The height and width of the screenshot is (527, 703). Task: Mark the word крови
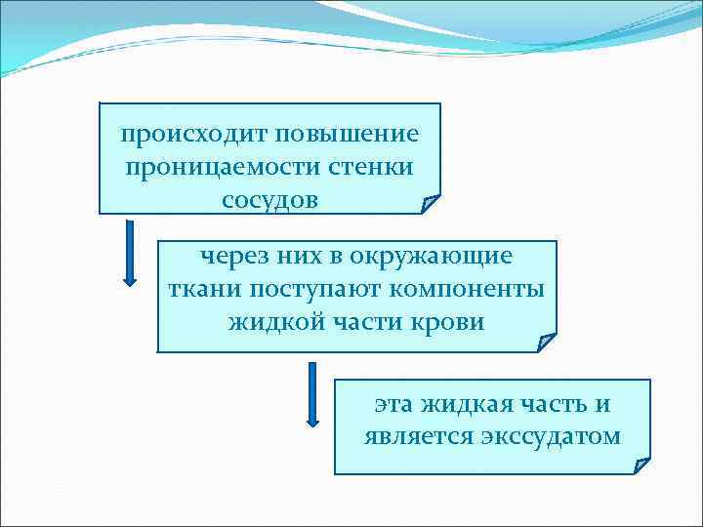[451, 322]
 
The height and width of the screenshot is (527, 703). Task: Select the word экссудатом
[551, 435]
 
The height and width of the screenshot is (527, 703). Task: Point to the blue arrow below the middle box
[313, 394]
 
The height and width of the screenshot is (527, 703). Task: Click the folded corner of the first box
[430, 203]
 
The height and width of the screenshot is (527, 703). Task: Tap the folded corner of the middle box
[546, 342]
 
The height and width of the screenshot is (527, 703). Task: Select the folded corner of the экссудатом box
[641, 465]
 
